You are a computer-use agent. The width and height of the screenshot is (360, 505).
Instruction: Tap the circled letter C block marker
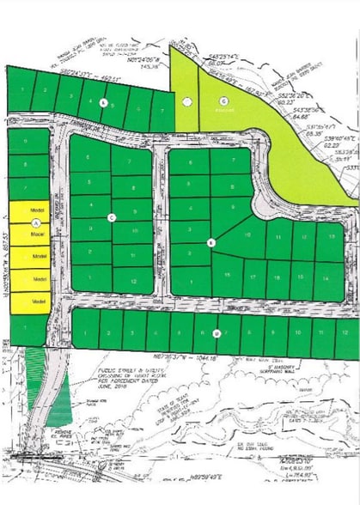coord(112,217)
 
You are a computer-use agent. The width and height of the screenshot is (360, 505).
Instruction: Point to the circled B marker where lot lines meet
coord(210,243)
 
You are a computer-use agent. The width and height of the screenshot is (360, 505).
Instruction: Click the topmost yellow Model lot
coord(37,210)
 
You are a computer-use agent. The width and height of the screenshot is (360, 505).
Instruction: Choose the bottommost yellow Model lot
coord(37,302)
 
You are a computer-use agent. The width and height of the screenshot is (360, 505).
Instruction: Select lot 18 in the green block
coord(277,278)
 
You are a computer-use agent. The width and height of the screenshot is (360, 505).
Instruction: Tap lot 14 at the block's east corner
coord(326,278)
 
